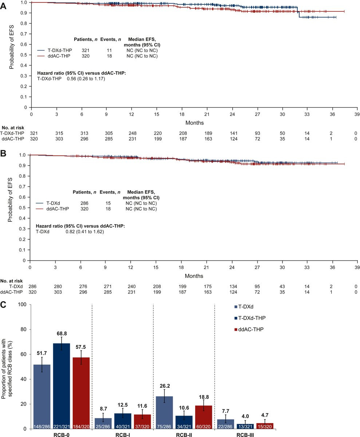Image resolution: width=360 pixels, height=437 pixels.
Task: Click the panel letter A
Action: click(x=3, y=6)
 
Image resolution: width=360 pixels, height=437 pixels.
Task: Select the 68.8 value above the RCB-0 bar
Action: click(x=62, y=333)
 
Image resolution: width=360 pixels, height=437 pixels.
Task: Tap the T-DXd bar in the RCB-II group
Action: click(x=165, y=412)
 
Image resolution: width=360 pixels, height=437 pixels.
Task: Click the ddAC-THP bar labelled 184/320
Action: click(x=81, y=393)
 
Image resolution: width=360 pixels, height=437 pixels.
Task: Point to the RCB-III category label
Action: click(x=245, y=434)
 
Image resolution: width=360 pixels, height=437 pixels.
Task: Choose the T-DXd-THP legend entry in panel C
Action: click(x=250, y=318)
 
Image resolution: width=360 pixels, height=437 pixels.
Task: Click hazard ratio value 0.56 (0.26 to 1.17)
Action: click(x=86, y=79)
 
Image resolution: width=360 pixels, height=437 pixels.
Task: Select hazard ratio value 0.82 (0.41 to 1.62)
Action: click(x=85, y=232)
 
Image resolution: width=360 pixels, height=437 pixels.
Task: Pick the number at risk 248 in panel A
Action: click(x=132, y=133)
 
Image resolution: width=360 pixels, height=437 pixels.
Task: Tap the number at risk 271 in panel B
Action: click(x=108, y=286)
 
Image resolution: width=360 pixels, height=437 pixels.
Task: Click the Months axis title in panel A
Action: click(x=194, y=123)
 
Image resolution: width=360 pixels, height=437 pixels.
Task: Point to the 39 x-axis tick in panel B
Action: click(x=357, y=267)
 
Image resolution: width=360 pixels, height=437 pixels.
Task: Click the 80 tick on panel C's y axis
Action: click(x=23, y=329)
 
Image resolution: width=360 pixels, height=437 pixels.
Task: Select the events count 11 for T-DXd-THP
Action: click(x=109, y=51)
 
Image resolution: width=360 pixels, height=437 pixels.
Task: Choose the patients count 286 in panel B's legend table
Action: click(x=84, y=203)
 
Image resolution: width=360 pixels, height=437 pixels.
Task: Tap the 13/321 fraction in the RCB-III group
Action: click(x=245, y=426)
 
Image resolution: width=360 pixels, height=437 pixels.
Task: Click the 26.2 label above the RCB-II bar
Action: click(x=165, y=386)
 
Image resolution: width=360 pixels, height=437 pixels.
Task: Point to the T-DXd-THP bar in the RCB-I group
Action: click(x=123, y=421)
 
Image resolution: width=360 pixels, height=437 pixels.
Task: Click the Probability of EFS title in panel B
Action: click(x=10, y=200)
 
